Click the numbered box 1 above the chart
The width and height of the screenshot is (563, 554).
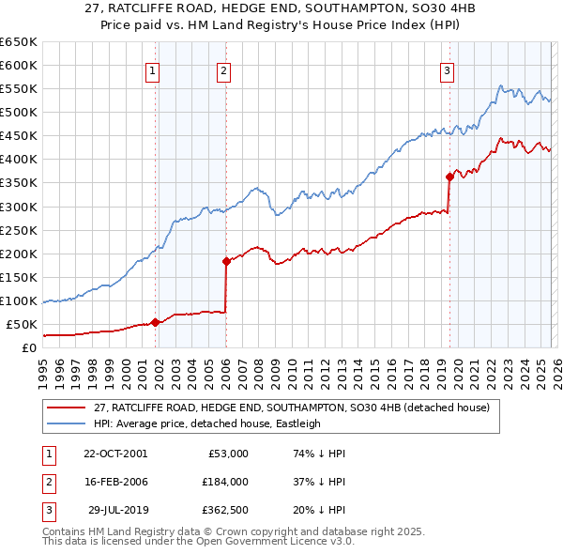(152, 69)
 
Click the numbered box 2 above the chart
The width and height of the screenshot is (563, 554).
(223, 69)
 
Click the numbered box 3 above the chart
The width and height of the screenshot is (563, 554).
(448, 69)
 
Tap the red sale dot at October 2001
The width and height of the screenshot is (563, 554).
(155, 322)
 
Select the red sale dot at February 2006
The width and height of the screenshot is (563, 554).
(226, 261)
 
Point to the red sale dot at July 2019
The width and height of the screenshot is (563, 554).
(449, 176)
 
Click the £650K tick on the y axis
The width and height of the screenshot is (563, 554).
(19, 42)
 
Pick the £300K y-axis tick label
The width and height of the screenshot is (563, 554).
(19, 207)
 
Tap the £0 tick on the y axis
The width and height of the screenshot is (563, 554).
(28, 348)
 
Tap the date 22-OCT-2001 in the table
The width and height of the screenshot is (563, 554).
(114, 454)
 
